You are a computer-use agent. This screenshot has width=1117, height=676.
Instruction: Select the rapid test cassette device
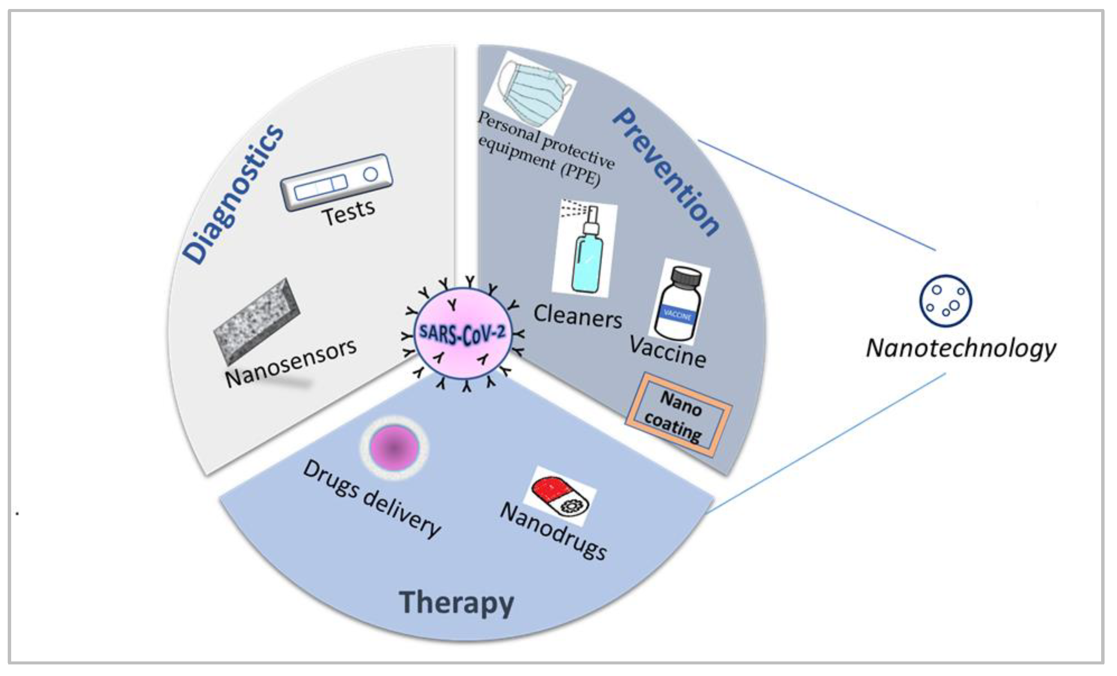click(336, 183)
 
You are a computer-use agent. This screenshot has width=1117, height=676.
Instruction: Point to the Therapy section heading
click(456, 603)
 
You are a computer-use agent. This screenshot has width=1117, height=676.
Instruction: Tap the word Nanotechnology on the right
click(961, 349)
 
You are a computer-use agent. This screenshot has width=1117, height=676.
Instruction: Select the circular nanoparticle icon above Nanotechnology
click(945, 300)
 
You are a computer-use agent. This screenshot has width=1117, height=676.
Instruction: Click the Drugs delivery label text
click(372, 498)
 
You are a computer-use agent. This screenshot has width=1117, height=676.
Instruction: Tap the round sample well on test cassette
click(370, 174)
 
